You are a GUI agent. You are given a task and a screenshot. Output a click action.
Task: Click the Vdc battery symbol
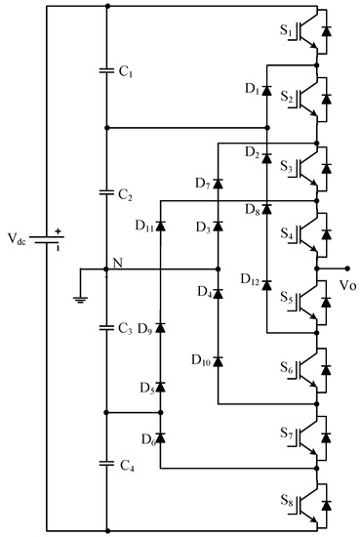point(46,237)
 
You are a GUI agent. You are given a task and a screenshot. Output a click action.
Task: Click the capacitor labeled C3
point(106,326)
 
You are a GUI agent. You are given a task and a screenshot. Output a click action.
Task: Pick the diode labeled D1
point(266,90)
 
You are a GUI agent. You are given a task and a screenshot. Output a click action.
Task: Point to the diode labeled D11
point(160,227)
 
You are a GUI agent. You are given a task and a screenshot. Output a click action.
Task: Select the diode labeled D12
point(266,283)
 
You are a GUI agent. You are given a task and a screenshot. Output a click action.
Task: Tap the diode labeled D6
point(160,439)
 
